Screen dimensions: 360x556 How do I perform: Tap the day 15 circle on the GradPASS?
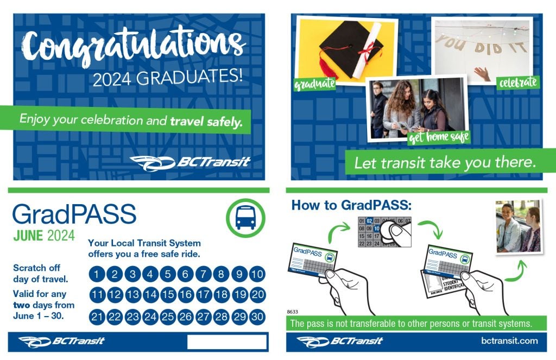(x=168, y=295)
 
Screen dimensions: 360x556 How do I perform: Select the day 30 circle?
(x=257, y=317)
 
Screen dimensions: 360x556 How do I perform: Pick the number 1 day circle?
(x=97, y=274)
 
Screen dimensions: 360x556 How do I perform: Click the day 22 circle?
(x=115, y=317)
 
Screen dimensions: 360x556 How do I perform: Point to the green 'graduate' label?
(x=314, y=85)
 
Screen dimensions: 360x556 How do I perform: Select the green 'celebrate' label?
(x=518, y=83)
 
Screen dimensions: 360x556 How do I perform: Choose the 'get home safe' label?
(x=439, y=137)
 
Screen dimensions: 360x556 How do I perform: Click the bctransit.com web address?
(x=509, y=341)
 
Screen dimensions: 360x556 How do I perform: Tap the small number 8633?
(x=293, y=312)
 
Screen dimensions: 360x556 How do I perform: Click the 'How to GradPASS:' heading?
(x=352, y=205)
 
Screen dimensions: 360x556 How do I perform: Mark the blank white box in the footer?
(x=227, y=342)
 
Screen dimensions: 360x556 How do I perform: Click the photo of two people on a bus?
(x=519, y=228)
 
